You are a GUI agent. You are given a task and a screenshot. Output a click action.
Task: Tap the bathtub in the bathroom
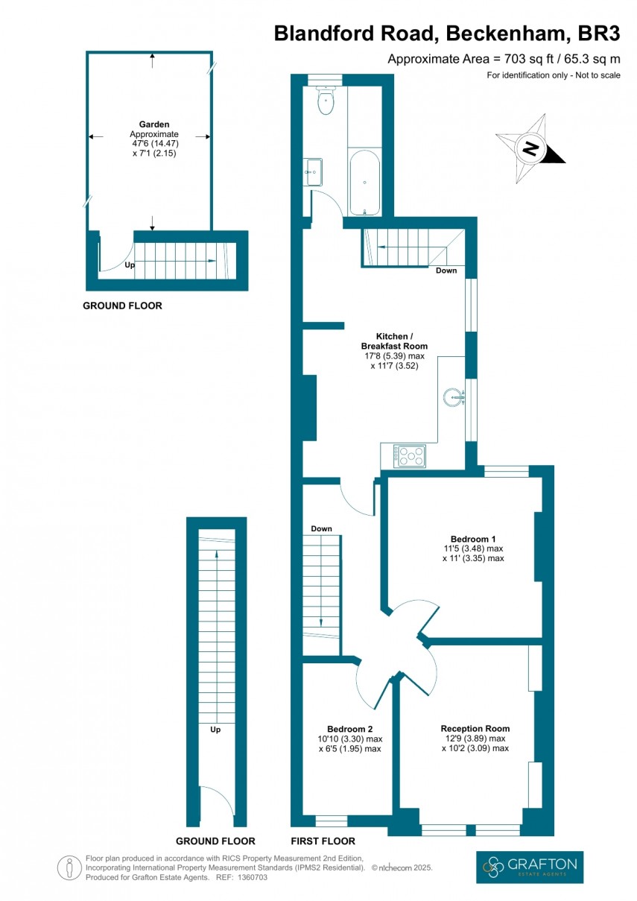pyautogui.click(x=364, y=183)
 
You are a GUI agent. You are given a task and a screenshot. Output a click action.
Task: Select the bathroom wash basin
pyautogui.click(x=313, y=172)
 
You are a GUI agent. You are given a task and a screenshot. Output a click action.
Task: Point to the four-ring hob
pyautogui.click(x=410, y=455)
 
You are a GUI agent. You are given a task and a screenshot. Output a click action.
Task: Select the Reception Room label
pyautogui.click(x=475, y=729)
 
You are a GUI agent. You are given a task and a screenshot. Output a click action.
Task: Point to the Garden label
pyautogui.click(x=153, y=124)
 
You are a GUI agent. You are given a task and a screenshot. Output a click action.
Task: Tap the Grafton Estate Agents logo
pyautogui.click(x=530, y=867)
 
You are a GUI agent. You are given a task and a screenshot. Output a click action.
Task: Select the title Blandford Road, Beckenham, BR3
pyautogui.click(x=447, y=34)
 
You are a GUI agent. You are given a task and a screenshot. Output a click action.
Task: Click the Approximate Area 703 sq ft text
pyautogui.click(x=504, y=60)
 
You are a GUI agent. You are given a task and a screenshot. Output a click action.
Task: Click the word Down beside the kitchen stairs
pyautogui.click(x=446, y=271)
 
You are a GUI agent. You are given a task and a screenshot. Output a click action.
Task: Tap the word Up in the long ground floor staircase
pyautogui.click(x=216, y=730)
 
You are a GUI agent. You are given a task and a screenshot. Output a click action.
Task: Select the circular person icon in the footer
pyautogui.click(x=69, y=867)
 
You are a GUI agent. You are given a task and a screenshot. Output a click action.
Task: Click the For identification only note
pyautogui.click(x=553, y=75)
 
